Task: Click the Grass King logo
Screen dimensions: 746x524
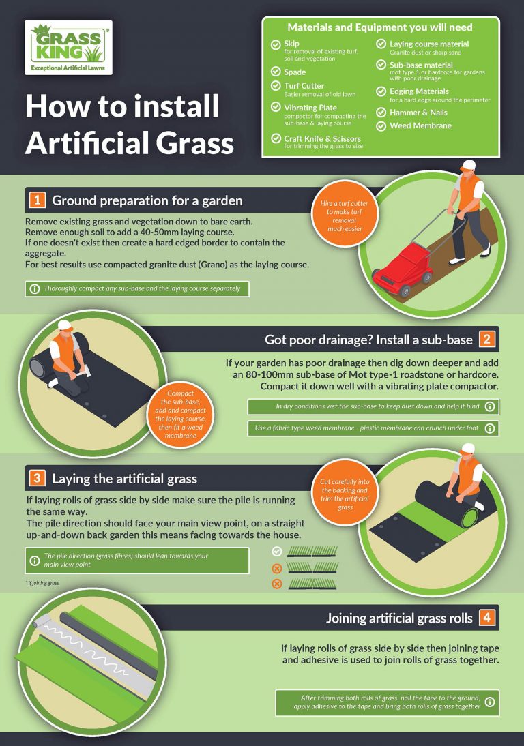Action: (x=68, y=47)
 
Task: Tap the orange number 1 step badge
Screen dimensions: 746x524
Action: (x=36, y=200)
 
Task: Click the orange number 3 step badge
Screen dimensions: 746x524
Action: (x=36, y=478)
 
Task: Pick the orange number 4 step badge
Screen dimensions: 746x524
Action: (x=486, y=618)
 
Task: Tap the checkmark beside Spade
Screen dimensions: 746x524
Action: (x=276, y=72)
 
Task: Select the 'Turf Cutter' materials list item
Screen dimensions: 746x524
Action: (x=304, y=86)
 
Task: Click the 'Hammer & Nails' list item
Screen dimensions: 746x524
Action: (x=418, y=112)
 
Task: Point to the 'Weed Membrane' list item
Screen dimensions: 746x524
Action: (x=420, y=125)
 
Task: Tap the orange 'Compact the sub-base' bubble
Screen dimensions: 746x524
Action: (x=180, y=413)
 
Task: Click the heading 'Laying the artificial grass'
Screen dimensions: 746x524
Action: (x=124, y=479)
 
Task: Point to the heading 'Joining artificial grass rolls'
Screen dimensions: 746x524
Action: (x=399, y=618)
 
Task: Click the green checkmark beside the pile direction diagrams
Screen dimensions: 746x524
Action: (x=276, y=551)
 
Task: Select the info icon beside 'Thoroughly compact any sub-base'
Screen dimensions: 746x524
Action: (x=34, y=288)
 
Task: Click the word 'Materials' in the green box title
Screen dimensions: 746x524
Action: (x=310, y=27)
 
